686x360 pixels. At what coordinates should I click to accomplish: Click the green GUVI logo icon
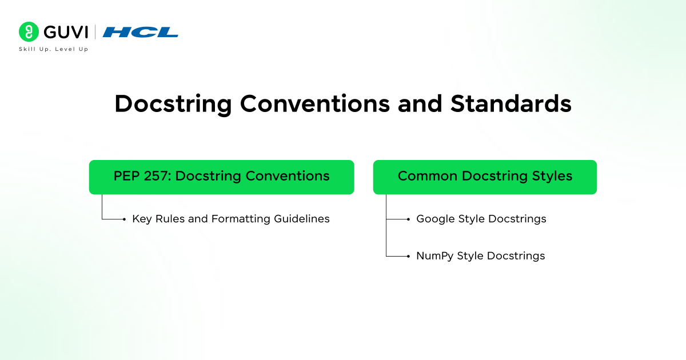(x=29, y=32)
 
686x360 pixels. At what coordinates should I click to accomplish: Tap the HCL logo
(x=141, y=33)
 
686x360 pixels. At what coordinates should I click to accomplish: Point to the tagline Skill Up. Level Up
(x=54, y=49)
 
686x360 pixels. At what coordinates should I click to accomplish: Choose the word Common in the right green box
(x=424, y=176)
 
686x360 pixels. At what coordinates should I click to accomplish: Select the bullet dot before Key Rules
(x=124, y=219)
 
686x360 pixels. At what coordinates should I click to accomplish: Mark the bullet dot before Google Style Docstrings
(x=408, y=219)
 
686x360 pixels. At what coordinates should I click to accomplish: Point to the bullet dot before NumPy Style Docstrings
(x=408, y=256)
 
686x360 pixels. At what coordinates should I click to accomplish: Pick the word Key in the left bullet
(x=141, y=219)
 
